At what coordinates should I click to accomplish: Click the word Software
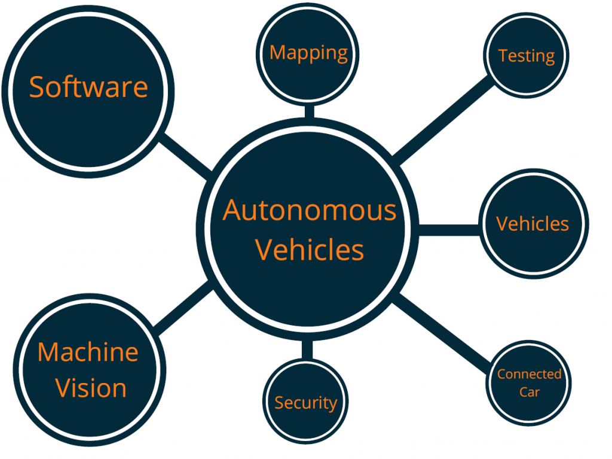pyautogui.click(x=88, y=87)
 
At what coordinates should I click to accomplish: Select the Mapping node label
pyautogui.click(x=308, y=53)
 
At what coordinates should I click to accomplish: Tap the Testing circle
pyautogui.click(x=526, y=56)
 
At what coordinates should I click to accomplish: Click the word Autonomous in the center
pyautogui.click(x=310, y=211)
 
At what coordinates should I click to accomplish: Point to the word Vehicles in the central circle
pyautogui.click(x=310, y=250)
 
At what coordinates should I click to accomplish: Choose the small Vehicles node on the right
pyautogui.click(x=533, y=224)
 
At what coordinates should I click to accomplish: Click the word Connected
pyautogui.click(x=529, y=375)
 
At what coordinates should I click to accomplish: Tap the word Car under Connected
pyautogui.click(x=529, y=392)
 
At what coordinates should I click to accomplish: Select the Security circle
pyautogui.click(x=305, y=403)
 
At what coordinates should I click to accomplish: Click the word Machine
pyautogui.click(x=88, y=352)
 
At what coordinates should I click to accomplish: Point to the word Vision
pyautogui.click(x=91, y=388)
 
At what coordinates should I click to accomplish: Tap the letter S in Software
pyautogui.click(x=37, y=87)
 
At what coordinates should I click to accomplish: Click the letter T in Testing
pyautogui.click(x=503, y=56)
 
